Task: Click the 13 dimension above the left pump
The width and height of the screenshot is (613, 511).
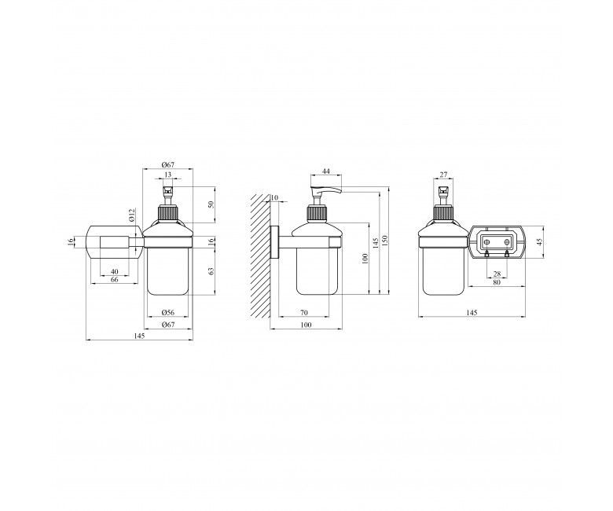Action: (167, 175)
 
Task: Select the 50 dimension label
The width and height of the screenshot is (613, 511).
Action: (211, 204)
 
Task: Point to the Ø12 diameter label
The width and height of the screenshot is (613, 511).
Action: (132, 215)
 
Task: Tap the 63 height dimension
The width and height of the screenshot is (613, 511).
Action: (211, 271)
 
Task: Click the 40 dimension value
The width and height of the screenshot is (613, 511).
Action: (115, 272)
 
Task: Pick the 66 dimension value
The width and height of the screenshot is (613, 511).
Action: (115, 280)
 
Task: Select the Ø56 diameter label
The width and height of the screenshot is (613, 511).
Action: (167, 312)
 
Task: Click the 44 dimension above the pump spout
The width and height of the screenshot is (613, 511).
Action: (326, 171)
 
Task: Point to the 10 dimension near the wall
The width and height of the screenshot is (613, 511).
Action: (274, 198)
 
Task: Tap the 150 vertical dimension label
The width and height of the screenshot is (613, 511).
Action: (384, 241)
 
